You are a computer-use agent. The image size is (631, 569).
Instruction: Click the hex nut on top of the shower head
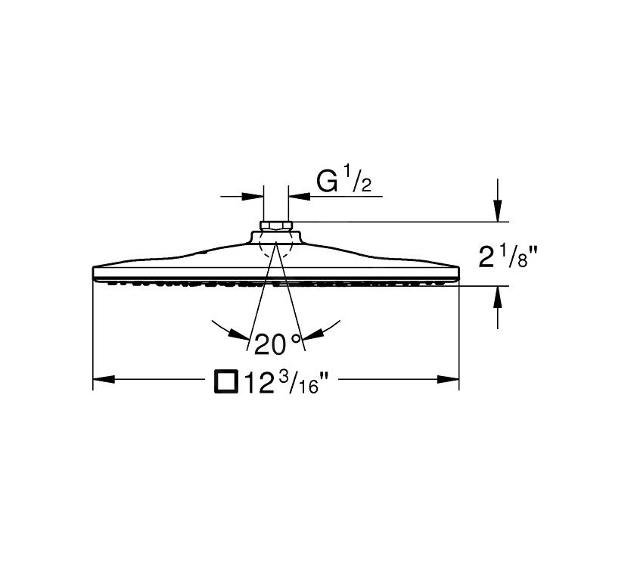pyautogui.click(x=276, y=225)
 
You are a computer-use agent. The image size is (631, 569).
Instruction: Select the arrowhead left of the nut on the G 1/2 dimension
pyautogui.click(x=251, y=197)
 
